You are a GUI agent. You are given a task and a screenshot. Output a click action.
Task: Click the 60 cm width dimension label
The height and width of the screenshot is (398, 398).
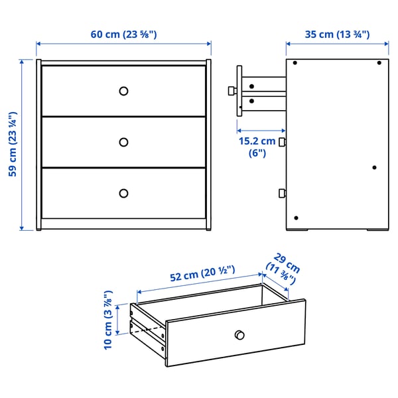point(124,34)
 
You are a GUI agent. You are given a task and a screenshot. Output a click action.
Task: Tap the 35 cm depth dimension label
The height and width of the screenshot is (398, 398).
point(338,34)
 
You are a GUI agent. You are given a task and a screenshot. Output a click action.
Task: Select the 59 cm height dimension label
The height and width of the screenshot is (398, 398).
point(12,145)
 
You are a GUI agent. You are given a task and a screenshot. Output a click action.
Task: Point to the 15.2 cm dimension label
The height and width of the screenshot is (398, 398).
point(257,147)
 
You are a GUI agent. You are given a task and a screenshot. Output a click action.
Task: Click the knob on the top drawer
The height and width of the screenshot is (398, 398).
point(123,91)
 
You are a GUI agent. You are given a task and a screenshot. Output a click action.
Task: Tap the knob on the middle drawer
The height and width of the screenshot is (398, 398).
point(123,142)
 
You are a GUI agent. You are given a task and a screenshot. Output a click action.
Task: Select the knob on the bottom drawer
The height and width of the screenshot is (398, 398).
point(123,193)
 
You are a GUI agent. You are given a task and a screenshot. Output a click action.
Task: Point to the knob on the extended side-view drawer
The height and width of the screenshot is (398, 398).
point(230,90)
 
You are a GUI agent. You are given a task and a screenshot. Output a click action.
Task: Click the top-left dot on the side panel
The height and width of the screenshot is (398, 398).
point(295,64)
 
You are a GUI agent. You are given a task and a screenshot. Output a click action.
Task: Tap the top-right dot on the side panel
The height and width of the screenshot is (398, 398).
point(379,64)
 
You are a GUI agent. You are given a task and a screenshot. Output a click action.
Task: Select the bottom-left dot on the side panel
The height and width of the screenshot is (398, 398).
point(296,218)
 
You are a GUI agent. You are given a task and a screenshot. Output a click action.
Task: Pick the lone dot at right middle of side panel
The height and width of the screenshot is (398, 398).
point(375,167)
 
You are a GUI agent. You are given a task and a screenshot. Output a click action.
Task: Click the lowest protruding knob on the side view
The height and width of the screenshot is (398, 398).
point(282,194)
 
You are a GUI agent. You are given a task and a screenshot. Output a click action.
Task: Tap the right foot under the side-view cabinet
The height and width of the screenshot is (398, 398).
point(377,232)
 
